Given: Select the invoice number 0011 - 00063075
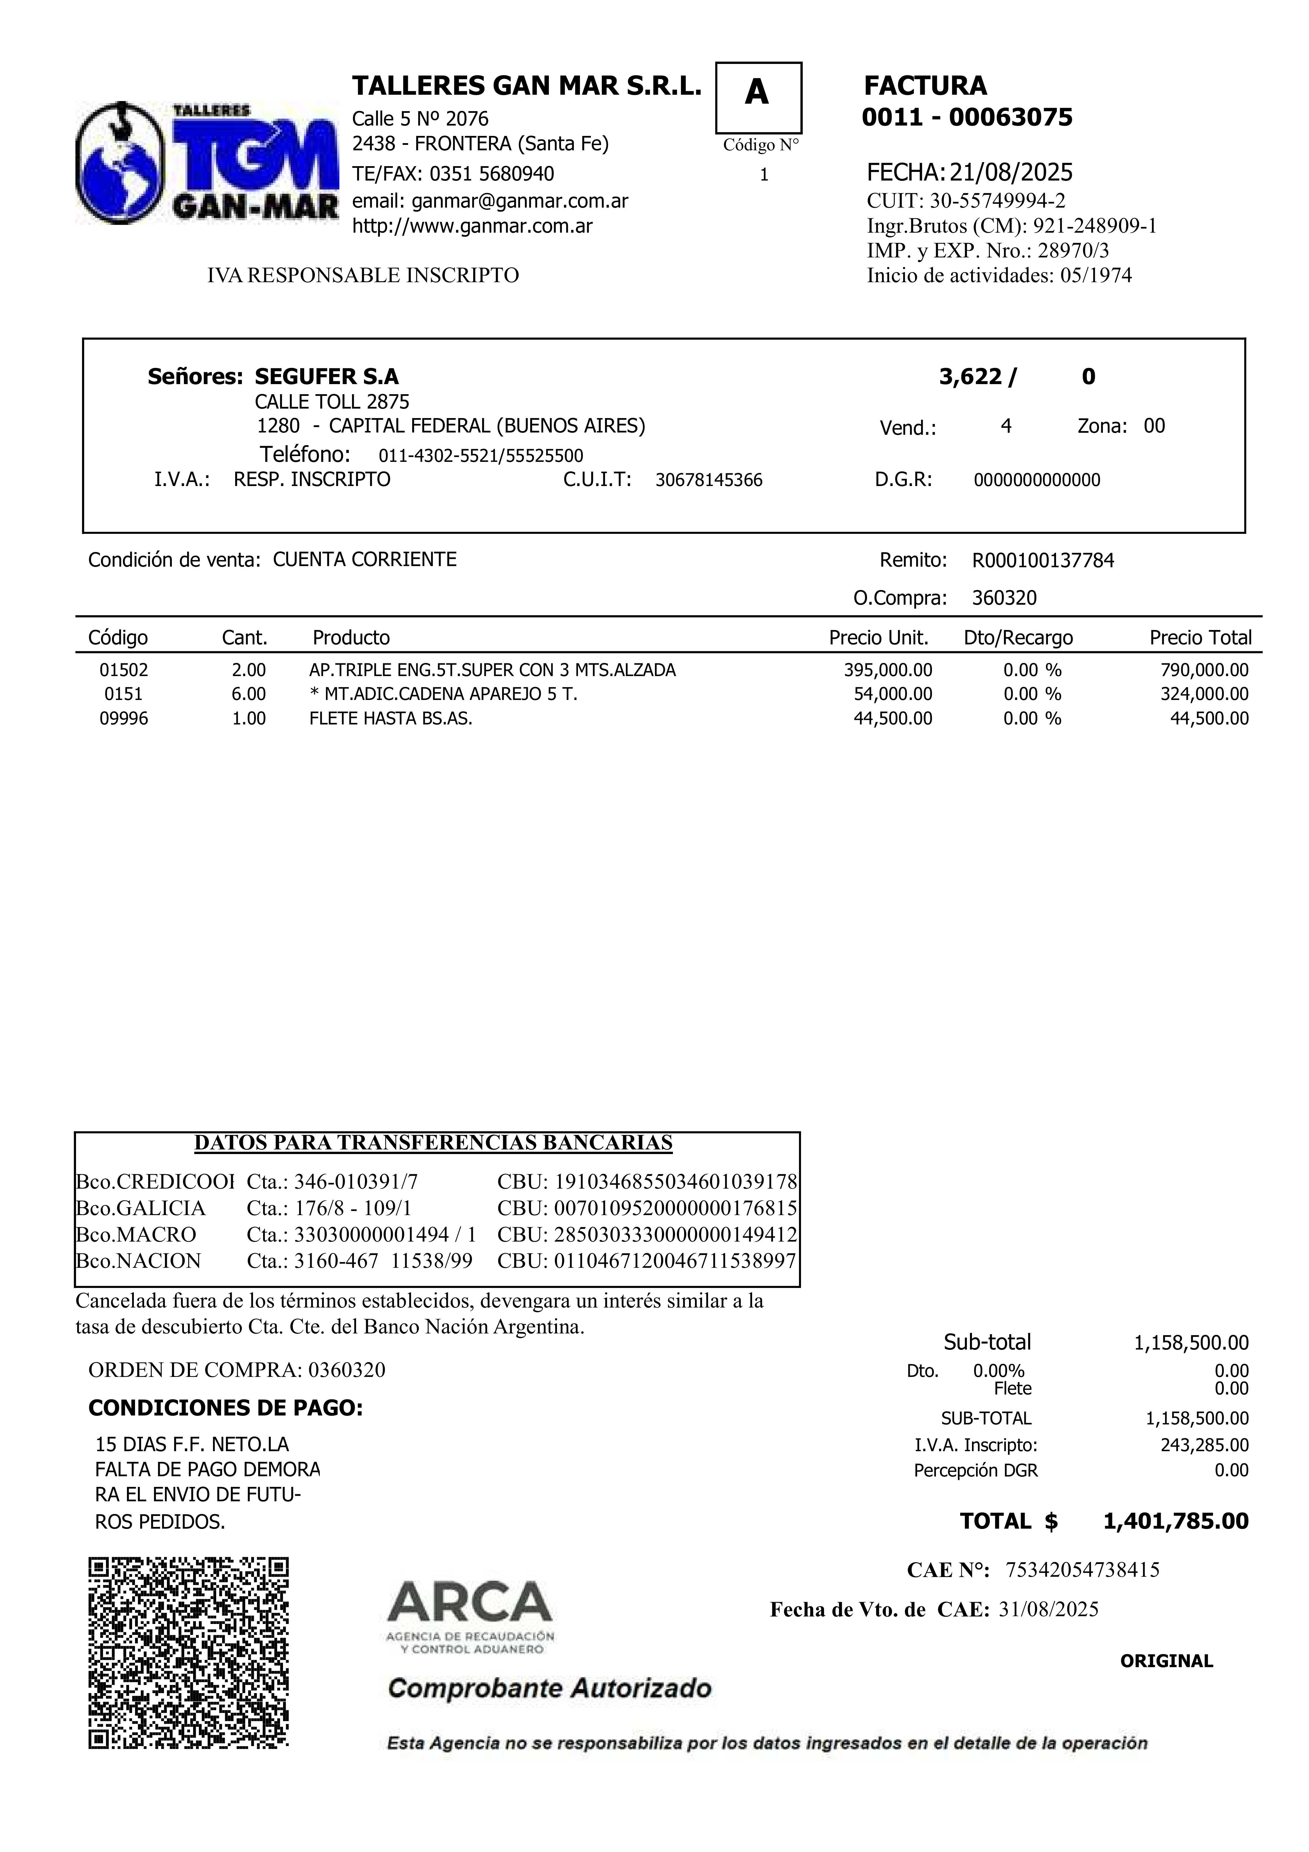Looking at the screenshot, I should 967,118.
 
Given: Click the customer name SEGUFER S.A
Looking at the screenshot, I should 327,377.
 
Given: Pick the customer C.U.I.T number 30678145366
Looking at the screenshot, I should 708,481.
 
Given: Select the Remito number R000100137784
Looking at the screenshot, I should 1043,561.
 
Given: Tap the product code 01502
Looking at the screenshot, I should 124,670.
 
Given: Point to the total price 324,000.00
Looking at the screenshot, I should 1204,694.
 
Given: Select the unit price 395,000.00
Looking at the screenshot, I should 887,670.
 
